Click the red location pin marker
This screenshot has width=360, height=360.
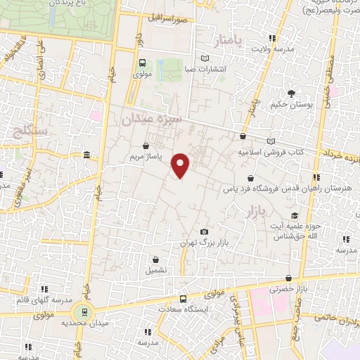(181, 165)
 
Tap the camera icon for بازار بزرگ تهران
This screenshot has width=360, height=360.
(204, 232)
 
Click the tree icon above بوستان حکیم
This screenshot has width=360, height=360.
(291, 93)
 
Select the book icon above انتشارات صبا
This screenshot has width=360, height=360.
(205, 58)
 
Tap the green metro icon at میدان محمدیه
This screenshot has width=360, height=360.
(85, 312)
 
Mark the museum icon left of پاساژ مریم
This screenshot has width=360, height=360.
(86, 155)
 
